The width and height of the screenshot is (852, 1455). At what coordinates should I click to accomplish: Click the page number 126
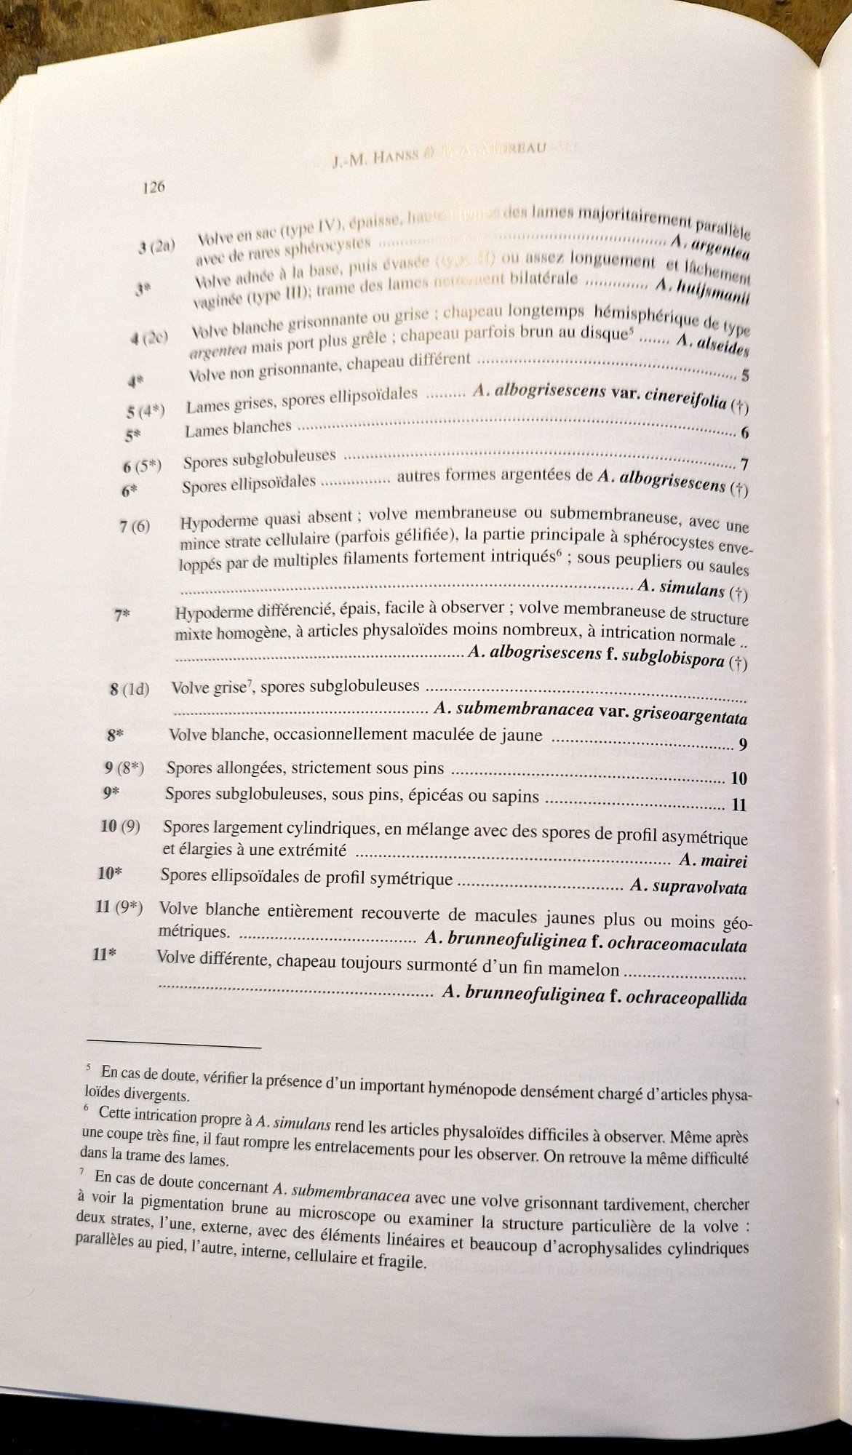click(x=154, y=187)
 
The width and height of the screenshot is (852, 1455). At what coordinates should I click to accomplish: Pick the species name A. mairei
click(x=713, y=861)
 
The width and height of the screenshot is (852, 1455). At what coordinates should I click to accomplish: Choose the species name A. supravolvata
click(x=688, y=887)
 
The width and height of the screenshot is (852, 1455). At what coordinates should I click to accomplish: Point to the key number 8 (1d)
click(x=130, y=688)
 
